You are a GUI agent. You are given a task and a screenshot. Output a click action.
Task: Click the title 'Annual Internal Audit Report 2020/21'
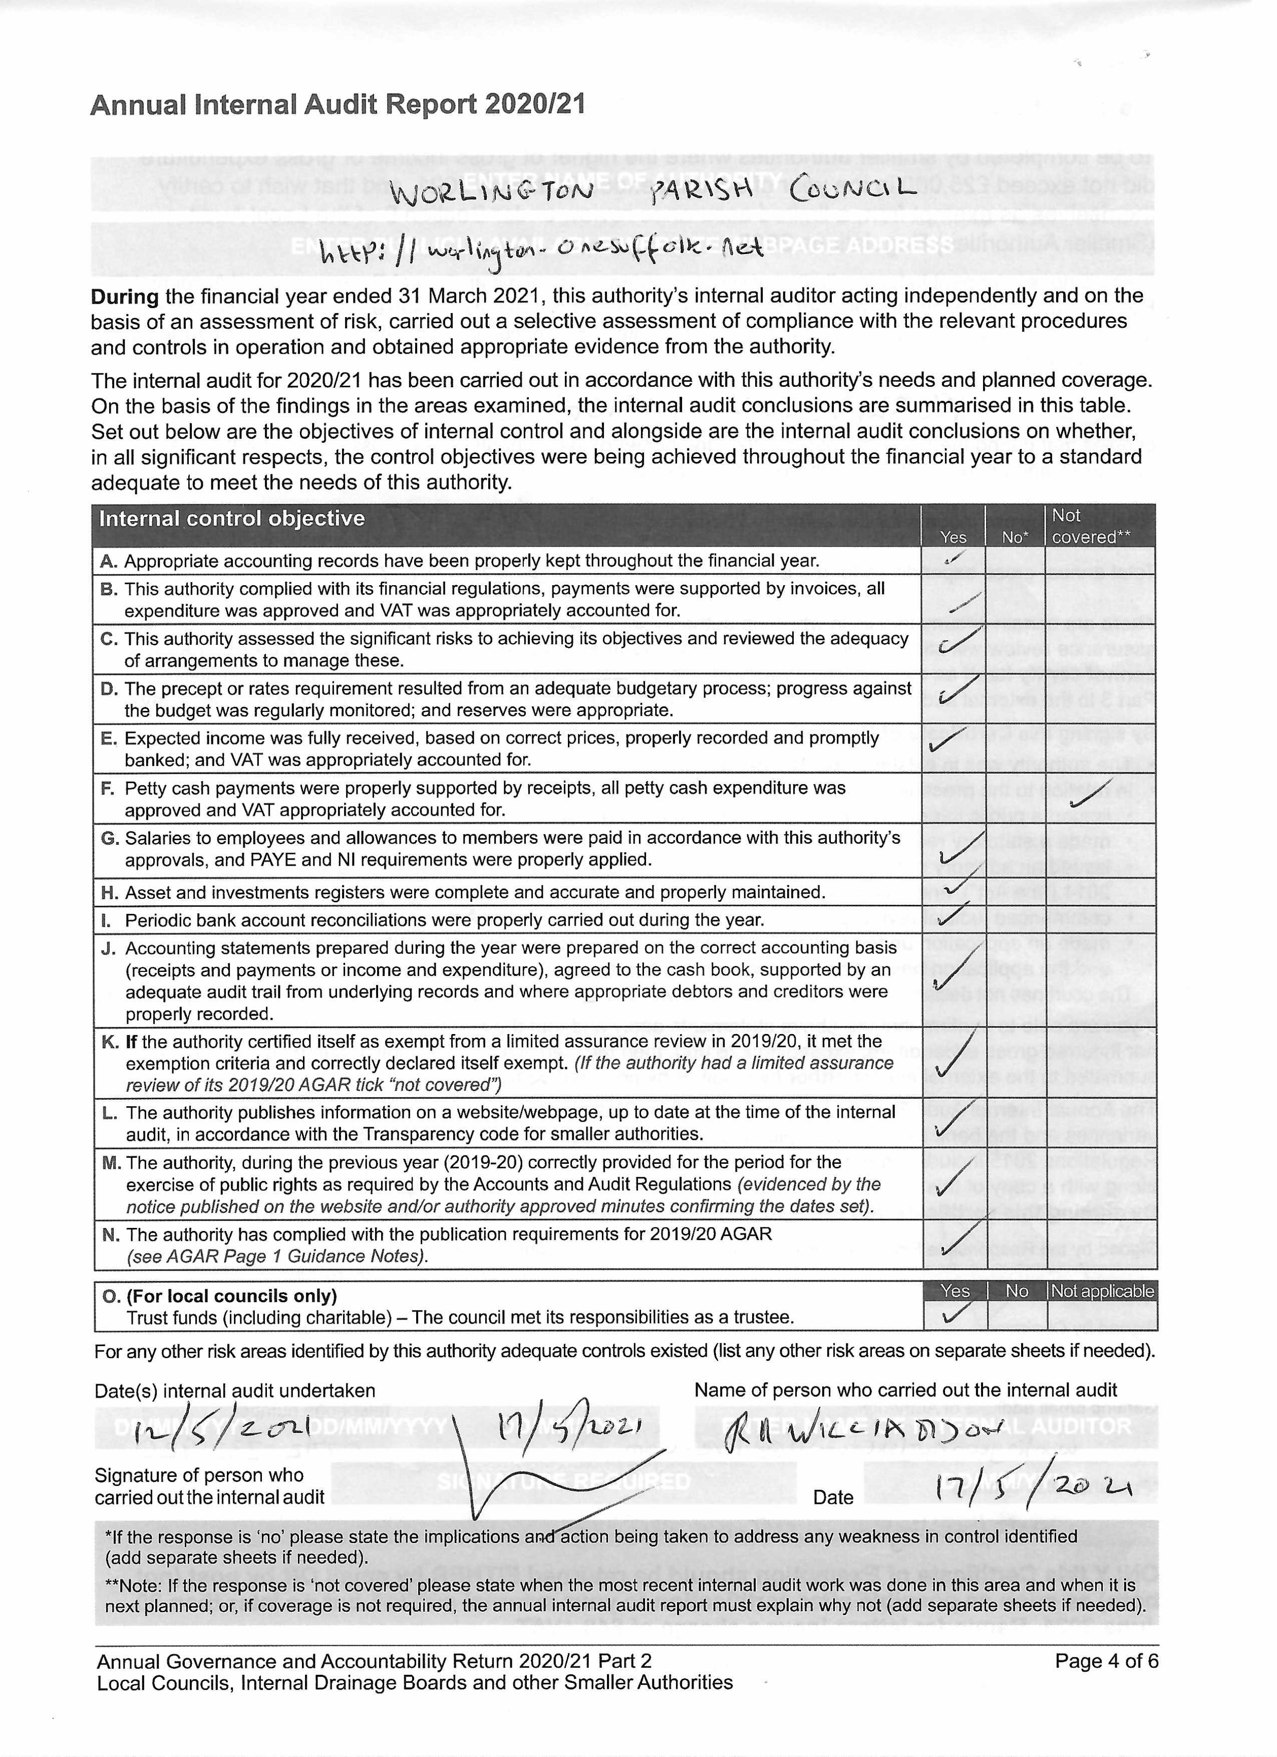[338, 105]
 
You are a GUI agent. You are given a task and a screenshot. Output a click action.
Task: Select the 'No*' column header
[1015, 537]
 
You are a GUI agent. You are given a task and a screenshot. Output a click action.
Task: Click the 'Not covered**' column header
[1090, 526]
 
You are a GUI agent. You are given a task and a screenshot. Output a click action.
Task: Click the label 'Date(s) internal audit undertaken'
[235, 1391]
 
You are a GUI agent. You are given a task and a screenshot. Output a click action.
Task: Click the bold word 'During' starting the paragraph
[125, 296]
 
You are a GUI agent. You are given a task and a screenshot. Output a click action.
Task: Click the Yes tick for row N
[954, 1241]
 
